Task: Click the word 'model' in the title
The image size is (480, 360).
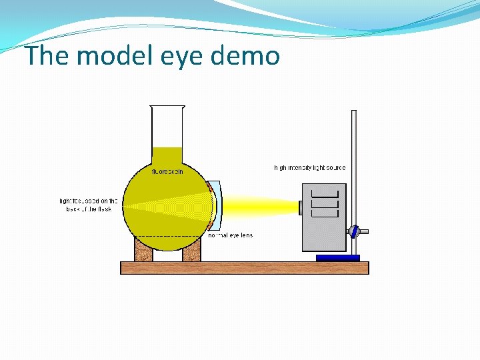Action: (109, 56)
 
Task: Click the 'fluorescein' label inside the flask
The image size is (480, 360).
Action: (167, 171)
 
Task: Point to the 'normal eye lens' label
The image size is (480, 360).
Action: (231, 235)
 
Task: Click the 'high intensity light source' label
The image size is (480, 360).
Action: (310, 167)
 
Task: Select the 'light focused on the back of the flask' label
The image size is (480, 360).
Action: (89, 205)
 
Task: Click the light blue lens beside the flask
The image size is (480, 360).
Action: (217, 205)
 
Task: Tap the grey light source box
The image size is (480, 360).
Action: (324, 230)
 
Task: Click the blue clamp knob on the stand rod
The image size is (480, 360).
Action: (355, 231)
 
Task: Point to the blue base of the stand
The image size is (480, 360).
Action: (337, 257)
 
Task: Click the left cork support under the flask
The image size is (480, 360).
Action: (143, 251)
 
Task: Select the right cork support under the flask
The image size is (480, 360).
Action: (191, 251)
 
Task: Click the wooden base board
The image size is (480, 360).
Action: (244, 268)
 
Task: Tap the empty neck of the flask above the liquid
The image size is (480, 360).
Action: (167, 127)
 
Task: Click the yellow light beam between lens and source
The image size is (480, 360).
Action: (260, 206)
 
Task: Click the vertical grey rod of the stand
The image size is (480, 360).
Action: (354, 167)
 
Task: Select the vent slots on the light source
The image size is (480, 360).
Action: (325, 201)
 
